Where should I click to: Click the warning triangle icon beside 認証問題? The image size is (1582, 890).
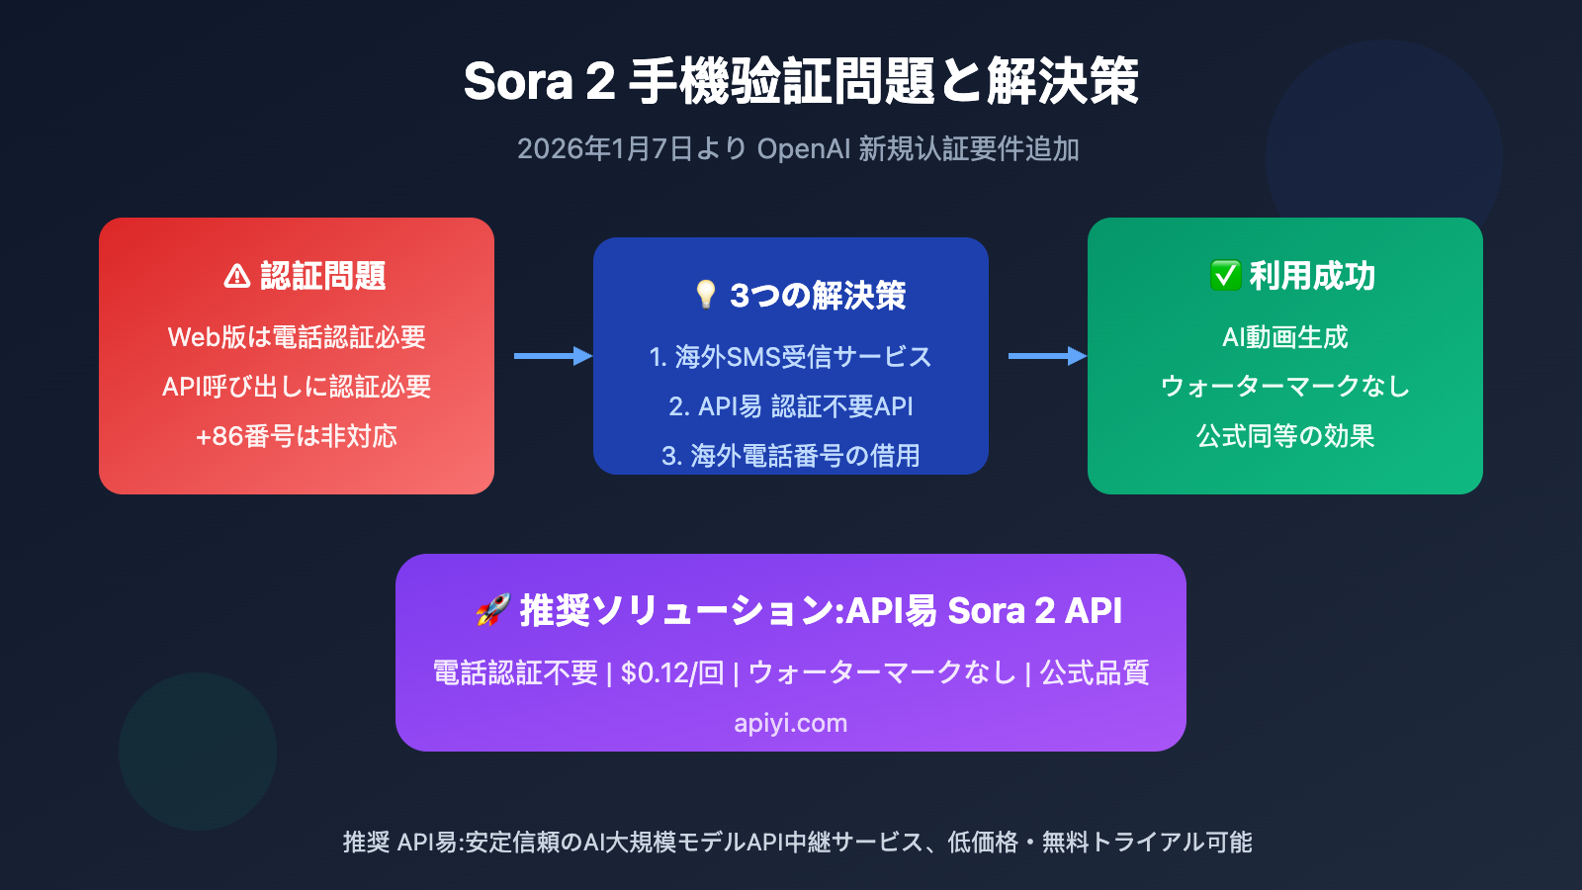(x=237, y=276)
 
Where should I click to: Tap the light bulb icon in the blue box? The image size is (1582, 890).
(x=705, y=295)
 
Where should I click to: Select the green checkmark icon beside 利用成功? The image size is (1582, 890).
(x=1225, y=276)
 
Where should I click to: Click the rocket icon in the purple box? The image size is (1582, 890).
(x=492, y=610)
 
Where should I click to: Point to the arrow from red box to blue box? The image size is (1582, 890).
(x=553, y=356)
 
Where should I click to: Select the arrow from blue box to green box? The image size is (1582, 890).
(x=1047, y=356)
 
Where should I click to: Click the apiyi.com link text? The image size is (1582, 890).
(x=790, y=723)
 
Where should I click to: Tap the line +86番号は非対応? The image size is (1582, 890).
(x=297, y=436)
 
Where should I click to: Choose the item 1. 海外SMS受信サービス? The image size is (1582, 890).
(x=790, y=357)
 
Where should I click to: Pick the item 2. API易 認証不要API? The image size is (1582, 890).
(x=790, y=406)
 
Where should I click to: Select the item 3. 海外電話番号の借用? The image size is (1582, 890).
(x=790, y=456)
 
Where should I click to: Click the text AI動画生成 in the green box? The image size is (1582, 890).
(x=1284, y=337)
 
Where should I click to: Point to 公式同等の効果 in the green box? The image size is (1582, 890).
(x=1284, y=436)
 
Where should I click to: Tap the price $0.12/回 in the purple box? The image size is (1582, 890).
(x=672, y=673)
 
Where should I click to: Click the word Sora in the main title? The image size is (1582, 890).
(x=518, y=81)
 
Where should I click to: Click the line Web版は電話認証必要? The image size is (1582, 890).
(x=297, y=337)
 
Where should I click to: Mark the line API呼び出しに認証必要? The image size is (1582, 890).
(x=297, y=387)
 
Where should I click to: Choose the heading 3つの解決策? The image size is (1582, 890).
(x=818, y=296)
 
